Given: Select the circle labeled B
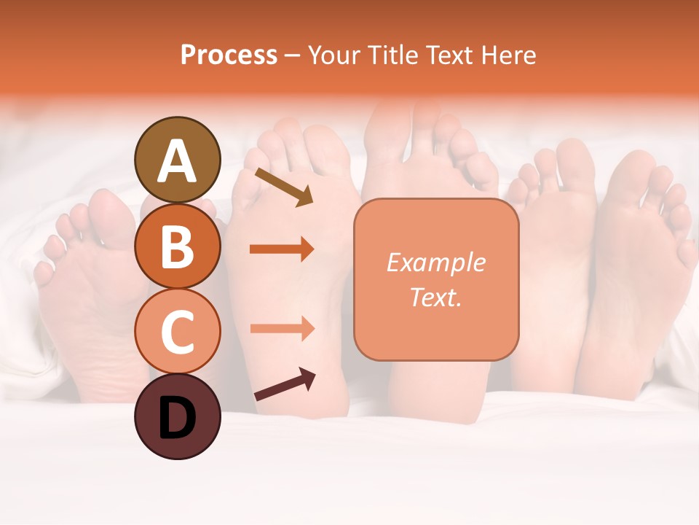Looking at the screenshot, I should pyautogui.click(x=177, y=246).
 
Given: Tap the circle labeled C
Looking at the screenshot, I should pyautogui.click(x=177, y=332).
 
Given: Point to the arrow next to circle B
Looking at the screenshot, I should pyautogui.click(x=282, y=249).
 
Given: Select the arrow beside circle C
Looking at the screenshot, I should pyautogui.click(x=282, y=328).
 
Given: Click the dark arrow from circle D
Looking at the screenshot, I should pyautogui.click(x=285, y=384).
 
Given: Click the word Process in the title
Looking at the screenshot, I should pyautogui.click(x=229, y=55).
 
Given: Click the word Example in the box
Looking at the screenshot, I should pyautogui.click(x=435, y=262).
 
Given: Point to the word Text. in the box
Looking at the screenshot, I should pyautogui.click(x=435, y=297).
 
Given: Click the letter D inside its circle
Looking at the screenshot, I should pyautogui.click(x=177, y=419).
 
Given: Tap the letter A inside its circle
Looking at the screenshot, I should pyautogui.click(x=177, y=162).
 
